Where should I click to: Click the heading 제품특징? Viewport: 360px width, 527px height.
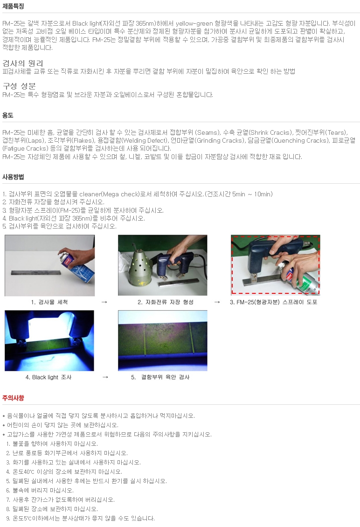coord(13,6)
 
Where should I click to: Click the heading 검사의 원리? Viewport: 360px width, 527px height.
coord(23,63)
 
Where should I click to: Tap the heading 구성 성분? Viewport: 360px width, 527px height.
coord(19,86)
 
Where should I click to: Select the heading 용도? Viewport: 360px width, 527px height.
coord(8,115)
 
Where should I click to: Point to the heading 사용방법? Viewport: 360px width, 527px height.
coord(13,177)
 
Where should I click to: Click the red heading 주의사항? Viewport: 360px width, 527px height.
coord(13,398)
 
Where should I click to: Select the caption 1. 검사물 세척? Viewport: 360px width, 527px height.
coord(49,302)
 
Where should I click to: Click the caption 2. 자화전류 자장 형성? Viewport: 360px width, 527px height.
coord(166,302)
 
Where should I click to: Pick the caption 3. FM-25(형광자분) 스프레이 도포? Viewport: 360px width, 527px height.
coord(274,302)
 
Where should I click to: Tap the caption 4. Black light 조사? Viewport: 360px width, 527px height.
coord(48,377)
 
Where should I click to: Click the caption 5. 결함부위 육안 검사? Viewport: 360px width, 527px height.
coord(160,377)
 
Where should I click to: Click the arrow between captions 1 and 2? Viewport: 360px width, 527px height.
coord(104,302)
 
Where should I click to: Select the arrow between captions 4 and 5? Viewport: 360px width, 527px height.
coord(105,377)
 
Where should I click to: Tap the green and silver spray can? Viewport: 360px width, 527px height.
coord(301,279)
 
